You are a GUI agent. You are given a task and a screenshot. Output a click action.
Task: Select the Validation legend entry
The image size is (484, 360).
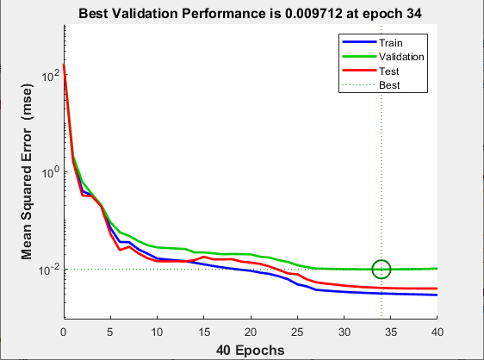click(x=400, y=56)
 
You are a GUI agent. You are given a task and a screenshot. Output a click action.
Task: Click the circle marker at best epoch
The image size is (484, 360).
click(x=381, y=270)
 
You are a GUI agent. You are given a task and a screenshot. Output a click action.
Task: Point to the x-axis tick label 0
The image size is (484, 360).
click(x=63, y=331)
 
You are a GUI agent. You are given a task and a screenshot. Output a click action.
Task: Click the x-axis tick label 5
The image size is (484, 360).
click(x=110, y=331)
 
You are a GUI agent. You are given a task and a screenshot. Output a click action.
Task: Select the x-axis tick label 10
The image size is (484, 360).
click(x=157, y=331)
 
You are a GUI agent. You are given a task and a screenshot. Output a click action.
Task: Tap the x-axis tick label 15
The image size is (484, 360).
click(x=204, y=331)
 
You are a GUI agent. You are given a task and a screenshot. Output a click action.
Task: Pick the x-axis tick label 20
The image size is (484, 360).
click(x=251, y=331)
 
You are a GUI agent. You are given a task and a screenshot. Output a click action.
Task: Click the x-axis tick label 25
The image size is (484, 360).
click(x=297, y=331)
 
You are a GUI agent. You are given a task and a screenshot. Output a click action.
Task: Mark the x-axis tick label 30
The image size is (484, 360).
click(x=344, y=331)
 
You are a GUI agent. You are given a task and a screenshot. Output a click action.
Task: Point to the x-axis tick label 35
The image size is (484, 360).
click(x=391, y=331)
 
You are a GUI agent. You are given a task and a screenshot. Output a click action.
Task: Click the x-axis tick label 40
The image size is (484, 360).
click(x=437, y=331)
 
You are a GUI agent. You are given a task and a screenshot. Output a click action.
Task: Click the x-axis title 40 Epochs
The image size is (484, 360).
click(x=251, y=349)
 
